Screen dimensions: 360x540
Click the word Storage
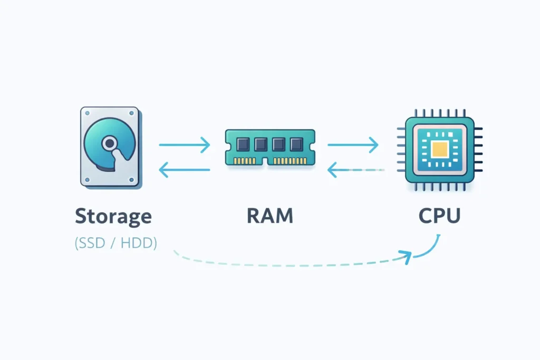113,216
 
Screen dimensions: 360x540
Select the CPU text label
439,216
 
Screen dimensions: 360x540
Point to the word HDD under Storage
139,244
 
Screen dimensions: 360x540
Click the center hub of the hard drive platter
109,143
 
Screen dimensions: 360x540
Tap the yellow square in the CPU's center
439,150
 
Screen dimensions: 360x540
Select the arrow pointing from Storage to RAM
184,144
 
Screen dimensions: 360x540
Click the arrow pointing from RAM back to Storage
184,170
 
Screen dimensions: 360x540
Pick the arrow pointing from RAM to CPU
353,144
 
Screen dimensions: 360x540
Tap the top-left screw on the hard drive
86,113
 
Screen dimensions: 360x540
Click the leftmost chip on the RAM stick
244,144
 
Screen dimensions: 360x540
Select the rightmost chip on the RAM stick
294,144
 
